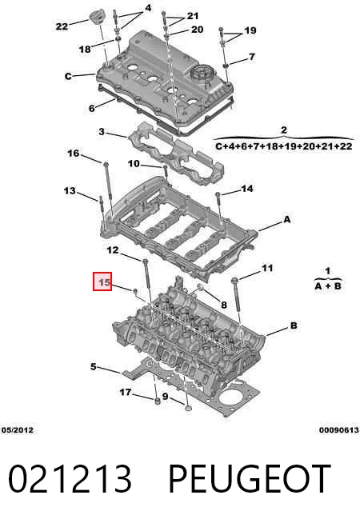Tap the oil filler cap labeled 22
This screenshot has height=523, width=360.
pos(97,17)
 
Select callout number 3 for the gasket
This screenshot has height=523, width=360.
pos(102,132)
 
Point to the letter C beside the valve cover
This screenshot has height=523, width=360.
pos(68,77)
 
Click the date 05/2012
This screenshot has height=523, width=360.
pos(18,430)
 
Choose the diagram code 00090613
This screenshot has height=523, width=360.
pos(339,430)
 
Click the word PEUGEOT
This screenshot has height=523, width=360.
pos(250,478)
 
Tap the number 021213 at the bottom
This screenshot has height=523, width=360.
pos(70,478)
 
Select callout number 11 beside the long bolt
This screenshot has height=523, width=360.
pos(267,268)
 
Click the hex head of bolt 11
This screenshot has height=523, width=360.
pos(234,280)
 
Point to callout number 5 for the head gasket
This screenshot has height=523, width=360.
pos(94,366)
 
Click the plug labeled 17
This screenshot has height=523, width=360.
pos(157,400)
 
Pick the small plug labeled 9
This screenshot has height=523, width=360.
pos(189,408)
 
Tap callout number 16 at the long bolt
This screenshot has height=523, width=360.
pos(74,154)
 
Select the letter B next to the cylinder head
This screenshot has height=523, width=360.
pos(294,325)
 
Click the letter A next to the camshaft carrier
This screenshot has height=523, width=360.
pos(287,219)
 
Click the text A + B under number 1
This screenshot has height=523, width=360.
pos(328,285)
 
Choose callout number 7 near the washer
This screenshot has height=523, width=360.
pos(252,57)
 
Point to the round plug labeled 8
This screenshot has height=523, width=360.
pos(200,288)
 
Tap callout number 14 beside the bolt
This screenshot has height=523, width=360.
pos(247,189)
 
